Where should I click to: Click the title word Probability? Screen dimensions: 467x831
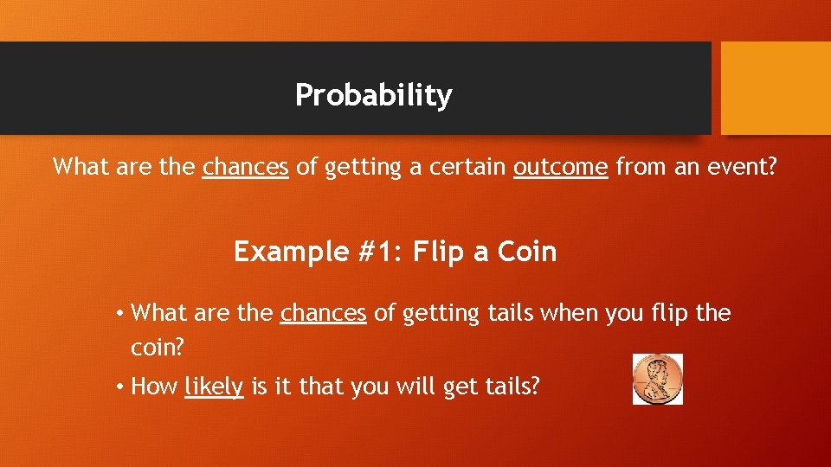pyautogui.click(x=373, y=95)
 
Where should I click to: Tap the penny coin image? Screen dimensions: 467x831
pyautogui.click(x=658, y=379)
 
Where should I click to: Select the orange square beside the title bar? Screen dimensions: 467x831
pyautogui.click(x=776, y=88)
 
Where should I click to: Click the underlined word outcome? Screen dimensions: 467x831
pyautogui.click(x=560, y=166)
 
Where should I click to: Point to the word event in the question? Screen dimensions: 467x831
pyautogui.click(x=741, y=166)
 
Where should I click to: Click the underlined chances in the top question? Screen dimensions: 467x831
pyautogui.click(x=245, y=166)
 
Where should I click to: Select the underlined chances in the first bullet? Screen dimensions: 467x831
pyautogui.click(x=324, y=312)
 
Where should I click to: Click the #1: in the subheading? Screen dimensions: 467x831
pyautogui.click(x=377, y=252)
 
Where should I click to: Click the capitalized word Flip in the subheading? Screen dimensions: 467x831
pyautogui.click(x=440, y=252)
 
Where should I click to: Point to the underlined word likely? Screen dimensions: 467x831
pyautogui.click(x=214, y=387)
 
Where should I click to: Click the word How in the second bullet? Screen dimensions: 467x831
pyautogui.click(x=154, y=387)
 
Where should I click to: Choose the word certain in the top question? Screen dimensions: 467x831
pyautogui.click(x=463, y=166)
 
